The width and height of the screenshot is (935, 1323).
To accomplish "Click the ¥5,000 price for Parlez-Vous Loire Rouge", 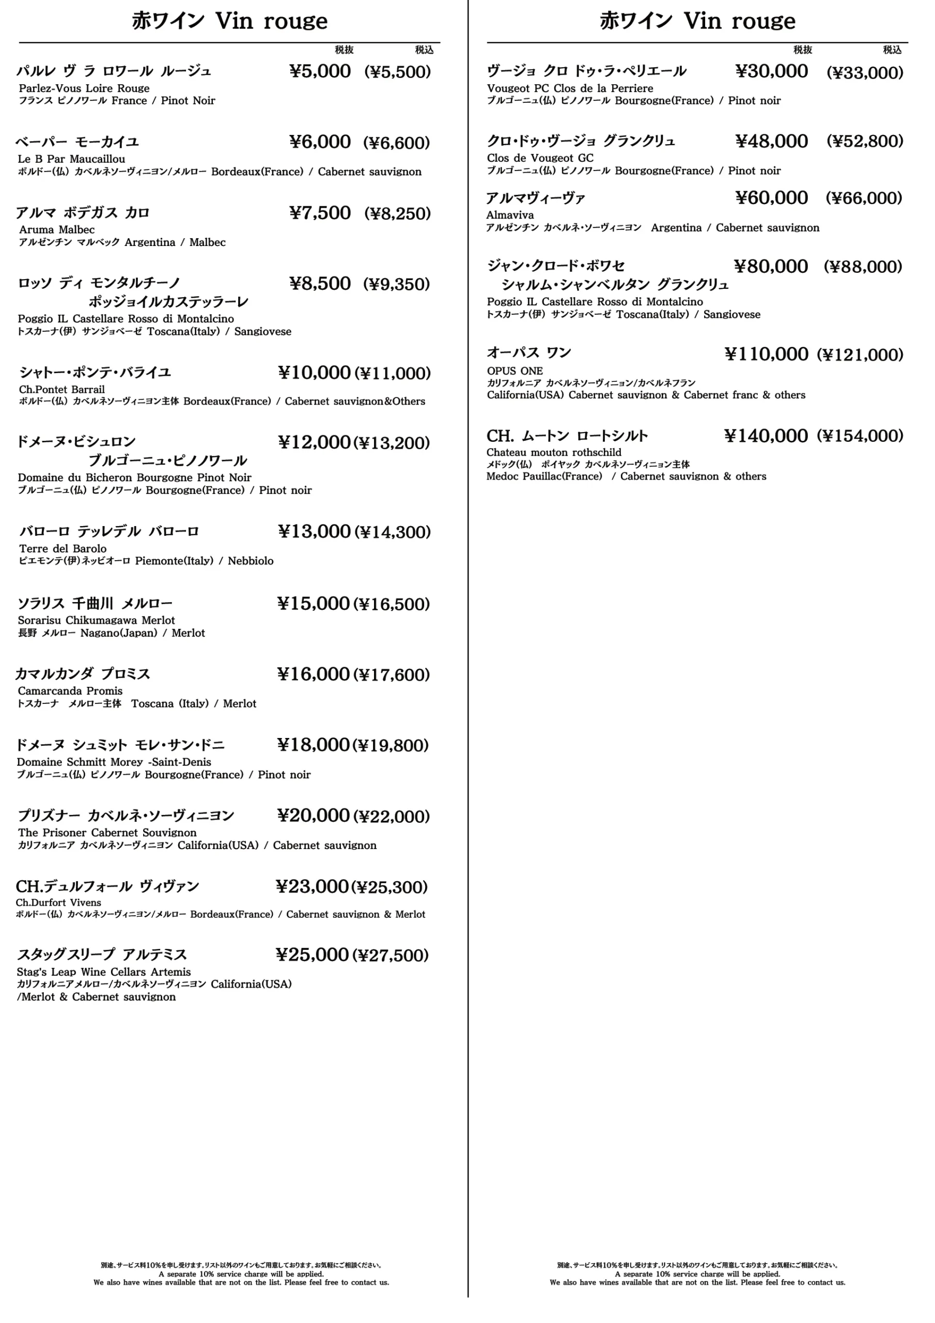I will tap(320, 71).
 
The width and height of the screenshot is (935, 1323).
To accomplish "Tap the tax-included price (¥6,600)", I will tap(396, 143).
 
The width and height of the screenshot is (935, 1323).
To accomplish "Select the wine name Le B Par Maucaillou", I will tap(71, 159).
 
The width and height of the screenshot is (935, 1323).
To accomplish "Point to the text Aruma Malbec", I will tap(56, 230).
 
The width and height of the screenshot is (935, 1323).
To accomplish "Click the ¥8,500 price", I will tap(320, 284).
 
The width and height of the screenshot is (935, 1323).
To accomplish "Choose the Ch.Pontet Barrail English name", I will tap(61, 390).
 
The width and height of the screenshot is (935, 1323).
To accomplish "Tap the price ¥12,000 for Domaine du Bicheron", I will tap(315, 442).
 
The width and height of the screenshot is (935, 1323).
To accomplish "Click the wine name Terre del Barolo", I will tap(63, 548).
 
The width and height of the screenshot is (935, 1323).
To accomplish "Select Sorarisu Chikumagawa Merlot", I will tap(96, 621).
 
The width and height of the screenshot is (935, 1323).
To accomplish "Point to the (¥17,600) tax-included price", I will tap(391, 675).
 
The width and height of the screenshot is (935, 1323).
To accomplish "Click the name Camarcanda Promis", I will tap(70, 691).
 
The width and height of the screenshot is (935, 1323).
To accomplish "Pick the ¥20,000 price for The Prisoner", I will tap(314, 816).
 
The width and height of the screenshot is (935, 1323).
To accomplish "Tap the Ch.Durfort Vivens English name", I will tap(58, 903).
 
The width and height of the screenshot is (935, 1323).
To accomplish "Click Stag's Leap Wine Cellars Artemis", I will tap(104, 972).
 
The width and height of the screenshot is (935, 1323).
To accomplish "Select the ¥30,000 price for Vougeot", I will tap(771, 71).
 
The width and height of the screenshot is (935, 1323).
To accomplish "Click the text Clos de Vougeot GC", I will tap(540, 159).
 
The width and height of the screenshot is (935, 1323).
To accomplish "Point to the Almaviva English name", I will tap(510, 216).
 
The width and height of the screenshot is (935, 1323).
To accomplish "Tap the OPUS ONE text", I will tap(515, 371).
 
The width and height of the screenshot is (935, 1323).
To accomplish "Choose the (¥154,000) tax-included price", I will tap(860, 436).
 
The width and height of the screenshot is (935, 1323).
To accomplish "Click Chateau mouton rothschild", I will tap(554, 452).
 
